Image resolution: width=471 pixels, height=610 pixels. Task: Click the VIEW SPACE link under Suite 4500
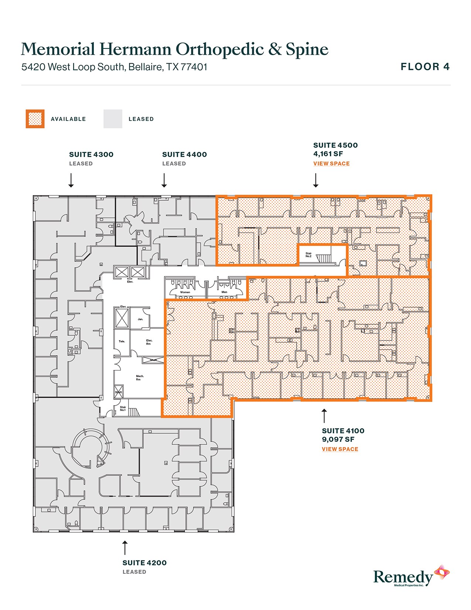pos(331,163)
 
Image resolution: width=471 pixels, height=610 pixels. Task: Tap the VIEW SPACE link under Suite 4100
pos(340,449)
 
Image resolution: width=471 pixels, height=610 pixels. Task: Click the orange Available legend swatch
pos(35,119)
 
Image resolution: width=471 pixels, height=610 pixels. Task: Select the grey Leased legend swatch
pos(113,119)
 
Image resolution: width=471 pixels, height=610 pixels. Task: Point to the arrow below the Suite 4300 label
pos(71,181)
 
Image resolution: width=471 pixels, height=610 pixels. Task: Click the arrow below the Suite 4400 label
pos(164,181)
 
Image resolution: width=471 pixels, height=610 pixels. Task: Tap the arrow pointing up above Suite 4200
pos(125,548)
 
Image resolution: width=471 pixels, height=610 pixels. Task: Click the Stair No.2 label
pos(308,255)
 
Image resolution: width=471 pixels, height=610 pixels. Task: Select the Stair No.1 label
pos(123,409)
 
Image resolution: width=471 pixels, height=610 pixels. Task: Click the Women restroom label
pos(185,292)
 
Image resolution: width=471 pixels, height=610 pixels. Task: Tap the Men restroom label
pos(224,292)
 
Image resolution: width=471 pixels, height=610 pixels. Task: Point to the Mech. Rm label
pos(140,377)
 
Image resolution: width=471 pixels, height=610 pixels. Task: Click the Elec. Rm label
pos(149,342)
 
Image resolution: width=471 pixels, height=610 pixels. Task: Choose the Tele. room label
pos(122,341)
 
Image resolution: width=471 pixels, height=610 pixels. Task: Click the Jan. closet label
pos(140,319)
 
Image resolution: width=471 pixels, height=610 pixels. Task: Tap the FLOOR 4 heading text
pos(425,67)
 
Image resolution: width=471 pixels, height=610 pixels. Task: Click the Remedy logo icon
pos(441,572)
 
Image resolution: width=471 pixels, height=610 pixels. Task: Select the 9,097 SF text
pos(338,440)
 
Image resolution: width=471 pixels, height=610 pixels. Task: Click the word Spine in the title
pos(307,50)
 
